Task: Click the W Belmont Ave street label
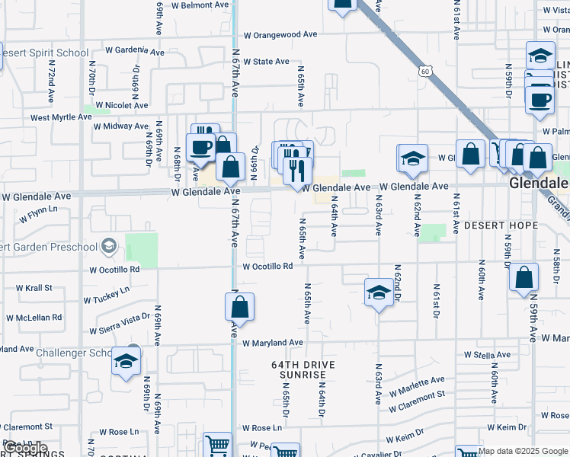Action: click(x=200, y=5)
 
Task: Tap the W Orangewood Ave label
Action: click(x=280, y=34)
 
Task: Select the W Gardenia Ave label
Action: click(x=135, y=51)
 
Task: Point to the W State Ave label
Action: click(x=266, y=62)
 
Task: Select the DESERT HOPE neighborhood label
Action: click(x=501, y=226)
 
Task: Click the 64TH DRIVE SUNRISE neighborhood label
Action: click(x=303, y=371)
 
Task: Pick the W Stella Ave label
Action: click(x=487, y=355)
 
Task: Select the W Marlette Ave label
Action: click(x=416, y=385)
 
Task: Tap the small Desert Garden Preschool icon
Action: click(x=110, y=245)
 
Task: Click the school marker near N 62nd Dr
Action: click(x=379, y=292)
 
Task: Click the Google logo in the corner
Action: click(x=24, y=448)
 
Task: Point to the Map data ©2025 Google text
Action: click(x=523, y=451)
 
